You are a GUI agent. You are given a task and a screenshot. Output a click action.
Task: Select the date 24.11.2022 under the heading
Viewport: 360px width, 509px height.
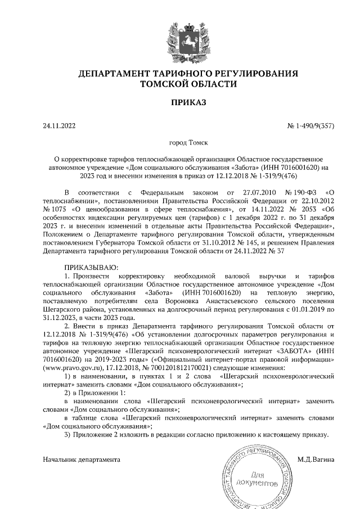tap(59, 126)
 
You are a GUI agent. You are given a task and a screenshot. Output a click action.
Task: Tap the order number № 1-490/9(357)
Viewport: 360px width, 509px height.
tap(311, 126)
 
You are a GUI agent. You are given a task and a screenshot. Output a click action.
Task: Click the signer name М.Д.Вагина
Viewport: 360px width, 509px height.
tap(316, 460)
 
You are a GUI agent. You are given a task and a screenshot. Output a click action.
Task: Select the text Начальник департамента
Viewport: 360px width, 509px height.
tap(82, 460)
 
